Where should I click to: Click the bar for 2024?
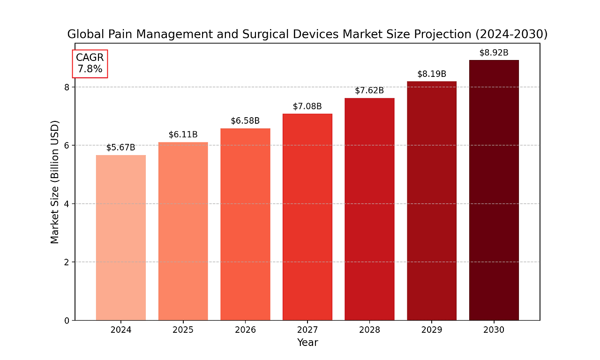click(x=120, y=238)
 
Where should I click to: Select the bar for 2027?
click(x=307, y=217)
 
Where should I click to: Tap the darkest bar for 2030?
click(x=494, y=190)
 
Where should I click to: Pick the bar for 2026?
click(x=245, y=224)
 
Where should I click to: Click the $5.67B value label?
click(x=120, y=148)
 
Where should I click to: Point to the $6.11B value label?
click(x=183, y=135)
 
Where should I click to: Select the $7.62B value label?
click(x=369, y=90)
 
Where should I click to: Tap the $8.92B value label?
click(x=494, y=52)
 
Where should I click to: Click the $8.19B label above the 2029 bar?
click(x=431, y=74)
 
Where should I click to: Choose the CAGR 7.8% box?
click(x=90, y=64)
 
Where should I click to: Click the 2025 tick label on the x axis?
click(x=183, y=330)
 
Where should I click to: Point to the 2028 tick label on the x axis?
click(x=369, y=330)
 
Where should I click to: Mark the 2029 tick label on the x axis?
click(x=431, y=330)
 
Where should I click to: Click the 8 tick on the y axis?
click(x=67, y=87)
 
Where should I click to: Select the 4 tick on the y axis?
click(x=67, y=204)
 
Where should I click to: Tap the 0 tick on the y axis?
click(x=67, y=321)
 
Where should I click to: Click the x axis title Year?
click(x=307, y=343)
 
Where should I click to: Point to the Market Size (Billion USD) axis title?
click(x=55, y=182)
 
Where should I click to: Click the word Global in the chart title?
click(x=83, y=34)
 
